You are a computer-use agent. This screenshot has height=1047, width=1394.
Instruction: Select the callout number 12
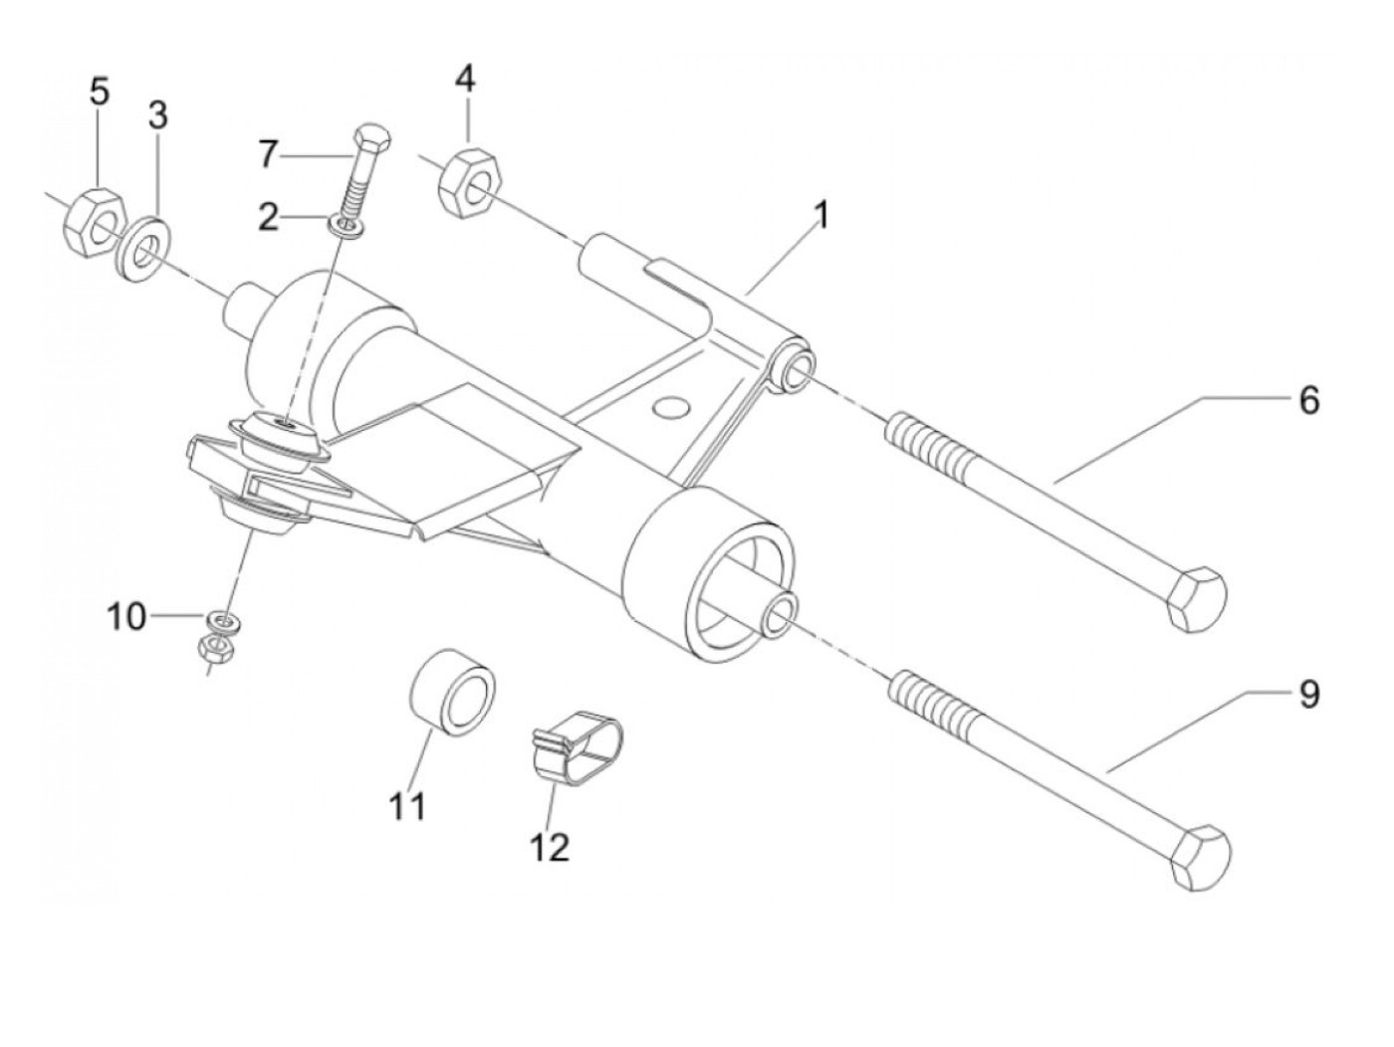click(x=550, y=847)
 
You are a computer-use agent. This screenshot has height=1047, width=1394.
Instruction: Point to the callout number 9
click(x=1308, y=694)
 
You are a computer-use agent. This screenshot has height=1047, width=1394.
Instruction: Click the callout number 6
click(x=1308, y=401)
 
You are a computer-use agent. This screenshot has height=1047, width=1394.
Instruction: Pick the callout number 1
click(x=821, y=215)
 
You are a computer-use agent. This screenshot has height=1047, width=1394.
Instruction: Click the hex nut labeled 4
click(x=471, y=182)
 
